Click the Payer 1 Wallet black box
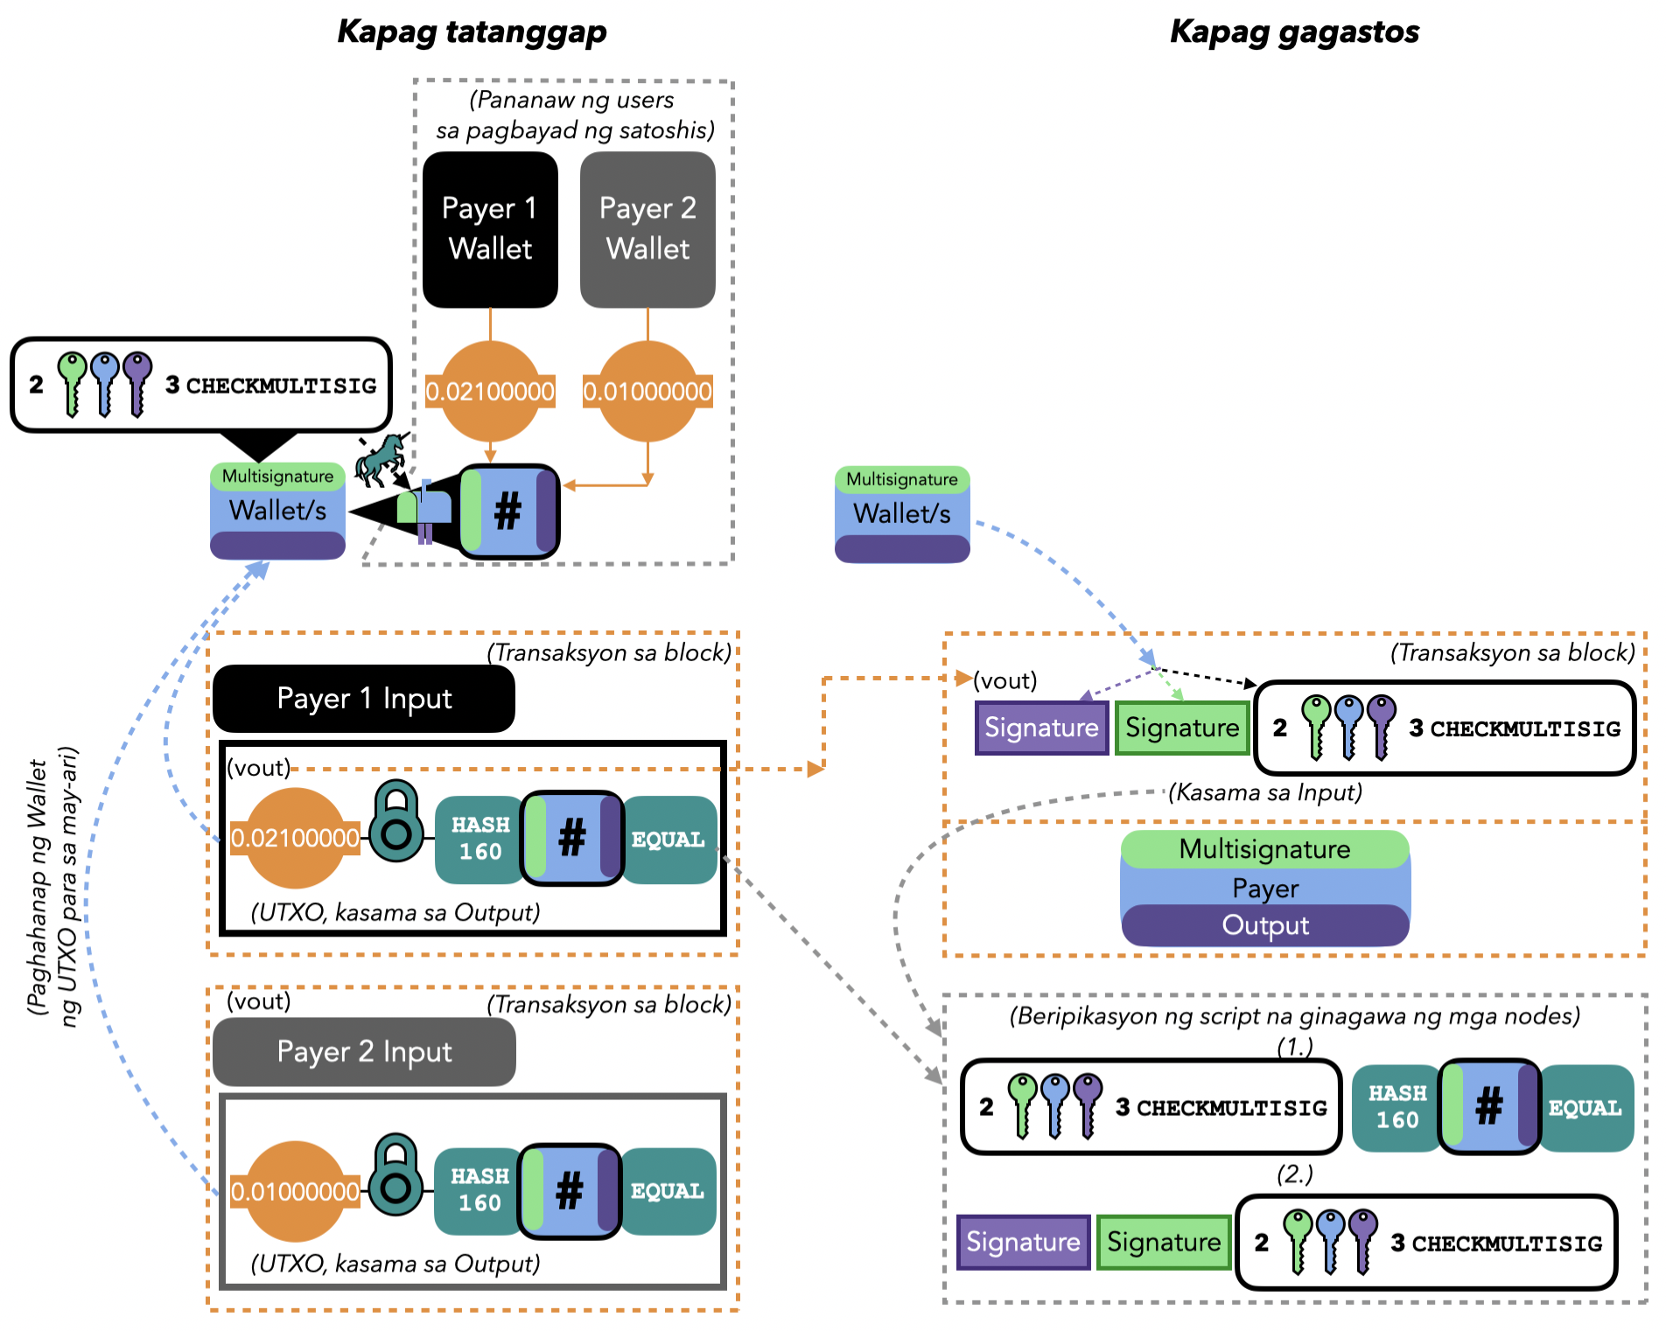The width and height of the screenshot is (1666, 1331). (490, 229)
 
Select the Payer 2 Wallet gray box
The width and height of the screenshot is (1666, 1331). (647, 229)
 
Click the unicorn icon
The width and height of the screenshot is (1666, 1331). (380, 459)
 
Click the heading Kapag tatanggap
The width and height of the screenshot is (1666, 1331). (472, 31)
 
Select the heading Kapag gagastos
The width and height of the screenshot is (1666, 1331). (1294, 31)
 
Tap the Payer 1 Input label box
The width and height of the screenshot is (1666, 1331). (363, 699)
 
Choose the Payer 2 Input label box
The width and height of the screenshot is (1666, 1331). (363, 1051)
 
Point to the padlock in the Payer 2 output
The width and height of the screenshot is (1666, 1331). (396, 1175)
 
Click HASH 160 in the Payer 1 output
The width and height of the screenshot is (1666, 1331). (479, 839)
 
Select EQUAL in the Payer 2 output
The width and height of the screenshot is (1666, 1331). (668, 1191)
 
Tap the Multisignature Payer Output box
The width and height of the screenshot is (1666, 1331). (1264, 888)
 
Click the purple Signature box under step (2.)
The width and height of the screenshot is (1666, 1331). (1023, 1242)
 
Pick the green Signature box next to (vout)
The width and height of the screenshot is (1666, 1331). (1181, 728)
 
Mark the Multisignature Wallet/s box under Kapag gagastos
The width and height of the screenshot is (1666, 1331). (902, 514)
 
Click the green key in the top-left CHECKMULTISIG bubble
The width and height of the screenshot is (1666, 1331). (72, 382)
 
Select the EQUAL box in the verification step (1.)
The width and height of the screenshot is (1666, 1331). (1585, 1108)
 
